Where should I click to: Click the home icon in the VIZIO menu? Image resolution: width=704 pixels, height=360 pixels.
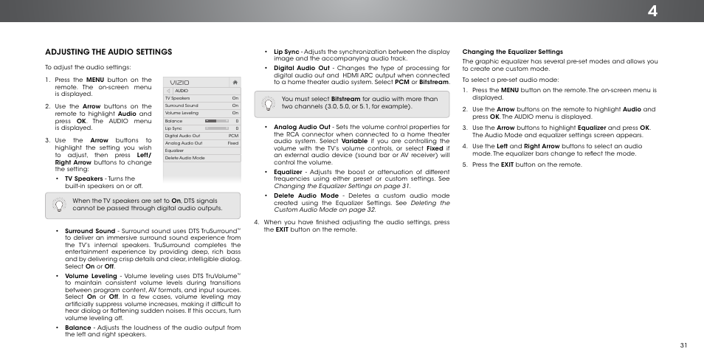coord(235,82)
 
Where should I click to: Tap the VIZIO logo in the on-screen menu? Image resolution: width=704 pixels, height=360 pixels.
coord(180,82)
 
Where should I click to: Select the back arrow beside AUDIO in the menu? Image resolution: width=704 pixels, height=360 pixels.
coord(169,91)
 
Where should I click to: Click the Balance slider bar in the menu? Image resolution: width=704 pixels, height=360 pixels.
coord(216,121)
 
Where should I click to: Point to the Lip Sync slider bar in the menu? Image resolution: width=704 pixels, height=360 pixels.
coord(216,128)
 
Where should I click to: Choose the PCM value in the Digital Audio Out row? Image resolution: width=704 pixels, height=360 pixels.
coord(233,136)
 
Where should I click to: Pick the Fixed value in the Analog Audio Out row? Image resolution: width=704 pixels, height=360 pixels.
coord(232,143)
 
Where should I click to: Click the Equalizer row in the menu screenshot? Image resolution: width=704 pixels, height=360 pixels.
coord(175,150)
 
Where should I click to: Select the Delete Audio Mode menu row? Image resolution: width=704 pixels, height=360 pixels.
coord(184,158)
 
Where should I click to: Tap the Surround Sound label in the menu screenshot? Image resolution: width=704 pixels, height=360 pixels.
coord(182,105)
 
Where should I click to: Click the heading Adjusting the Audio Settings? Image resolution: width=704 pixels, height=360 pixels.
coord(108,52)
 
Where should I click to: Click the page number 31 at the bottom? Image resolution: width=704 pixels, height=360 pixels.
coord(683,346)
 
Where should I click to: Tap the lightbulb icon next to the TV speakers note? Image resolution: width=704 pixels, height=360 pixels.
coord(60,204)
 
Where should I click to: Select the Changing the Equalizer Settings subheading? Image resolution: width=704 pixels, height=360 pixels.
coord(512,52)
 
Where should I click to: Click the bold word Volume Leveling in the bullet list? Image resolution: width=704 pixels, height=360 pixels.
coord(91,275)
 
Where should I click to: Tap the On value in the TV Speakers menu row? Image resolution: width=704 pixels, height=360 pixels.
coord(235,98)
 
